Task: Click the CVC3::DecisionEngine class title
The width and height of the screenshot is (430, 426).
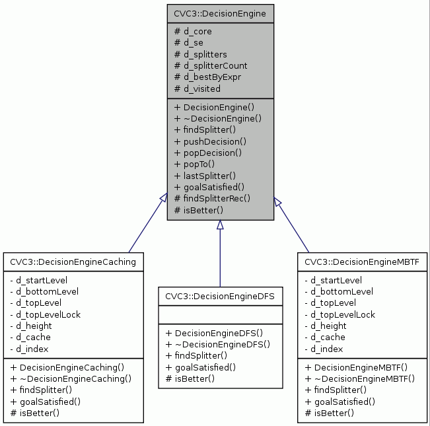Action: click(x=219, y=13)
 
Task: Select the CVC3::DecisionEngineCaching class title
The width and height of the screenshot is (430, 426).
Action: click(x=73, y=262)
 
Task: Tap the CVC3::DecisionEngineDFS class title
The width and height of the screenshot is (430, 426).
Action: click(x=220, y=297)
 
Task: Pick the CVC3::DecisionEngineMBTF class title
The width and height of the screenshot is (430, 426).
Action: click(x=361, y=262)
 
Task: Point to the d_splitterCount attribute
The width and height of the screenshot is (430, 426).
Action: click(x=210, y=65)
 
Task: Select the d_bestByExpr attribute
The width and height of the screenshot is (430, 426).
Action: click(x=207, y=77)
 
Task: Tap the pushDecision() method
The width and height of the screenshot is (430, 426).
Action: click(x=209, y=141)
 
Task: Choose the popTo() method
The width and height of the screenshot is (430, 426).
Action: click(x=196, y=164)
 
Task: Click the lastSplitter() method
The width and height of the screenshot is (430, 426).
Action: click(x=205, y=175)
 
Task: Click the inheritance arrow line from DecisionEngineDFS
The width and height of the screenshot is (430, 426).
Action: click(x=220, y=258)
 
